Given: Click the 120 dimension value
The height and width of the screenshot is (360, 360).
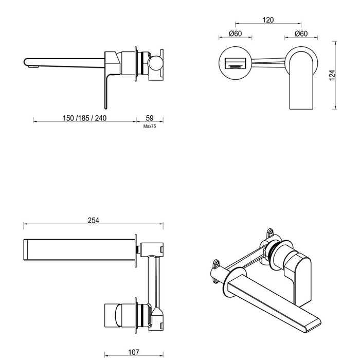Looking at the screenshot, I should click(x=267, y=20).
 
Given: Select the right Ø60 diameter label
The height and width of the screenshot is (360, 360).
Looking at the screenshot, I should click(x=301, y=34).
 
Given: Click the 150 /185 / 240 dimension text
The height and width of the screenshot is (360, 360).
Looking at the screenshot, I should click(x=84, y=118).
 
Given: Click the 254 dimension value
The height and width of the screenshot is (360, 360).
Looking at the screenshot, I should click(x=93, y=220).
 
